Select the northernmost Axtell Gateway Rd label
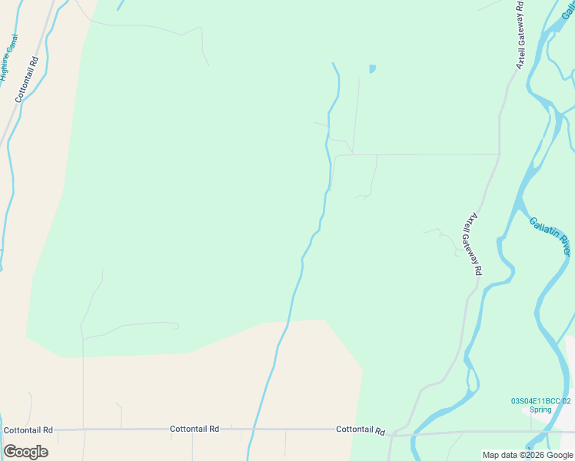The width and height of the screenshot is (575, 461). pos(520,35)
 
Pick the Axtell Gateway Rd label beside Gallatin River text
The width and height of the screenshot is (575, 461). pos(472,244)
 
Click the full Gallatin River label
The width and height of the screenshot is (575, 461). pos(550,237)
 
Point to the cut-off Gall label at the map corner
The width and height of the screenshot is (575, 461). pos(568,10)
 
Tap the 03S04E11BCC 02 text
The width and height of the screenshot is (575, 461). pos(541,400)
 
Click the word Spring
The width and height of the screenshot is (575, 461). pos(541,410)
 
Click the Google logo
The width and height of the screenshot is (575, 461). pos(26,452)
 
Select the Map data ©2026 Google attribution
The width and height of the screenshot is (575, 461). pos(528,455)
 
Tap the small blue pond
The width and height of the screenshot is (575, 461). pos(372,69)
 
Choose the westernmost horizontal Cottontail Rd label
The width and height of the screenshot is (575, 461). pos(28,430)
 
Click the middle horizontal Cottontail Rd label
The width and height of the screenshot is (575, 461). pos(194,429)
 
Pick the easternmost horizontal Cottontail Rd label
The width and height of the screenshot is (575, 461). pos(361,430)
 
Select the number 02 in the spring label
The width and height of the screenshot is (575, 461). pos(567,400)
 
